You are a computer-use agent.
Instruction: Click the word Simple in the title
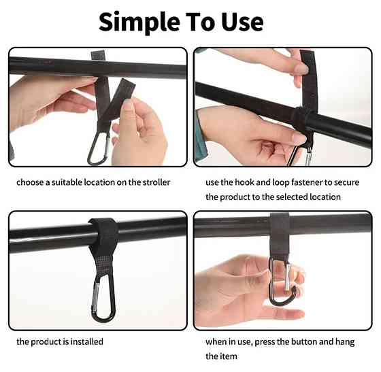[139, 22]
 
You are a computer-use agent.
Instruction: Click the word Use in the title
[242, 22]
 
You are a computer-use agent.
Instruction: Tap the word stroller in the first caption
[156, 182]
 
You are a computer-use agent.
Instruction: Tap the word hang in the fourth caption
[345, 342]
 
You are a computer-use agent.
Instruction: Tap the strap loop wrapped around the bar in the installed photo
[103, 233]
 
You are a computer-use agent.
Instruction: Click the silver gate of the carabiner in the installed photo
[95, 295]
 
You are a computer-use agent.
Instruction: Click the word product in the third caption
[46, 342]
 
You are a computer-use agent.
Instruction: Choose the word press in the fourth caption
[265, 342]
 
